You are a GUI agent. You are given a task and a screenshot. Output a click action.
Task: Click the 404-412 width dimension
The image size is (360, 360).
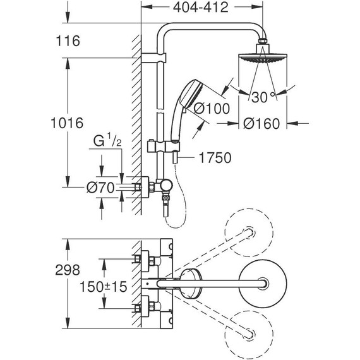coord(201,8)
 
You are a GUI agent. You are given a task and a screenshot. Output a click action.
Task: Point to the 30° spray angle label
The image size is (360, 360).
coord(265,99)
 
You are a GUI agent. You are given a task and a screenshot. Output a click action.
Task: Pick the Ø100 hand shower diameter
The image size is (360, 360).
coord(211,109)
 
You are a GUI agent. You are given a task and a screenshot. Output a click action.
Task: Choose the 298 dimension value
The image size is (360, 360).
coord(68,270)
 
